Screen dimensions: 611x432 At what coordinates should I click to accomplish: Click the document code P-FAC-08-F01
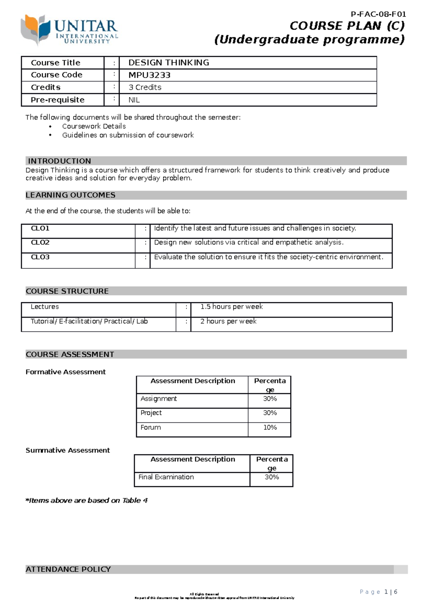378,14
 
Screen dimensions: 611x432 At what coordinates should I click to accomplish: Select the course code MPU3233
149,75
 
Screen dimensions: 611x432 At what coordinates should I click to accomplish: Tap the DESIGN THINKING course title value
168,63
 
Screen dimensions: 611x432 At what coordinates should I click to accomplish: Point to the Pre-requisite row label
58,100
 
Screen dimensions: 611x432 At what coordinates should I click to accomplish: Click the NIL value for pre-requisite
134,100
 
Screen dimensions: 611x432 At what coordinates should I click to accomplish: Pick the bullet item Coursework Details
94,126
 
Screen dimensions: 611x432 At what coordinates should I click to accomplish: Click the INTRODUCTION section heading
59,161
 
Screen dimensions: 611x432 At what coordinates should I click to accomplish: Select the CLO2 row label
40,243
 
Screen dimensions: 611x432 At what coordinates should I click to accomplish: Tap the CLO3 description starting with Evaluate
268,257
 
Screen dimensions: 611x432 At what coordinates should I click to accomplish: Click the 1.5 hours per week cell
231,307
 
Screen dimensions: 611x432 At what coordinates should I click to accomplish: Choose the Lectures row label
45,307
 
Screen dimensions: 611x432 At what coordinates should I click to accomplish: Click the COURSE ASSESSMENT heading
70,354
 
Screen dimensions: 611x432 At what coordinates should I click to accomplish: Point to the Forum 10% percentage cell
270,427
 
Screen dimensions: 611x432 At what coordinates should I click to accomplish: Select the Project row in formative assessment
151,413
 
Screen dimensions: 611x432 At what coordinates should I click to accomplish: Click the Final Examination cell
166,477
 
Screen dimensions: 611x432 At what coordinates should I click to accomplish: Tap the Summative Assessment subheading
68,451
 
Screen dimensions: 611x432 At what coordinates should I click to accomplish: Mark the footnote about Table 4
86,501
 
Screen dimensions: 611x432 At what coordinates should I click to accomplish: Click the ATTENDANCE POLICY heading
68,569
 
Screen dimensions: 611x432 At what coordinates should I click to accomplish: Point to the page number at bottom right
378,592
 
